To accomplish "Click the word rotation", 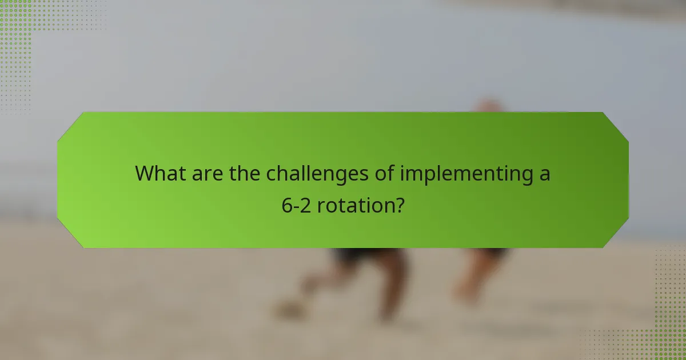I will [x=354, y=205].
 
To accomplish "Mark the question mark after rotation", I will [x=399, y=205].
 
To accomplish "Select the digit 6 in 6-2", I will [x=287, y=205].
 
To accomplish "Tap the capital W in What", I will [x=146, y=173].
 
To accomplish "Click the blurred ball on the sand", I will [x=288, y=309].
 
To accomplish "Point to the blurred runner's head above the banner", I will [x=489, y=106].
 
